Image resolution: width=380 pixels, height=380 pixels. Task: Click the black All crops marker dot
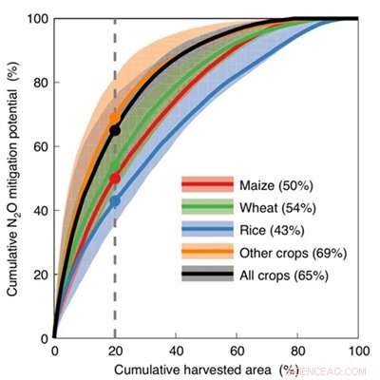[x=115, y=129]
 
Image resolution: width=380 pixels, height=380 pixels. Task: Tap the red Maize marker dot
[x=115, y=178]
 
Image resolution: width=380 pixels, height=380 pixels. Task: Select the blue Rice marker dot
[x=115, y=200]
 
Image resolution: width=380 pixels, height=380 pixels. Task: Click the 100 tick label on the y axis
[x=37, y=18]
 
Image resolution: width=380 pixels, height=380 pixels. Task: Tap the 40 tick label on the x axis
[x=176, y=351]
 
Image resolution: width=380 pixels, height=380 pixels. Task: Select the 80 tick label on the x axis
[x=297, y=351]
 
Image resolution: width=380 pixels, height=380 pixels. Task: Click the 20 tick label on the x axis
[x=115, y=351]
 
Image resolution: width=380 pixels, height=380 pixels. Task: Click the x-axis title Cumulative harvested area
[x=190, y=368]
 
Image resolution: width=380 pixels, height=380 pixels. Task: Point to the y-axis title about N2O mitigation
[x=12, y=178]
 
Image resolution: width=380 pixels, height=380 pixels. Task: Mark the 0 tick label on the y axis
[x=44, y=337]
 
